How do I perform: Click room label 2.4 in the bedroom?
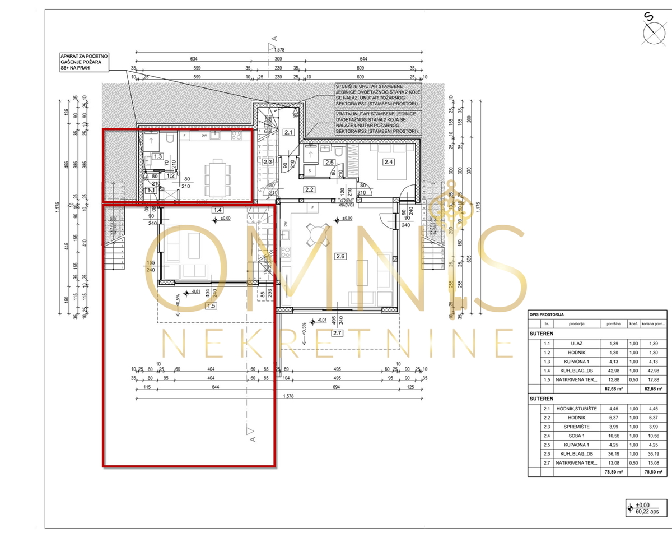click(388, 163)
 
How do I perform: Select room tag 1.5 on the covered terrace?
click(211, 306)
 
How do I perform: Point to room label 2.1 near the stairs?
click(288, 133)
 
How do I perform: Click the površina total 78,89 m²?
click(615, 472)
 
